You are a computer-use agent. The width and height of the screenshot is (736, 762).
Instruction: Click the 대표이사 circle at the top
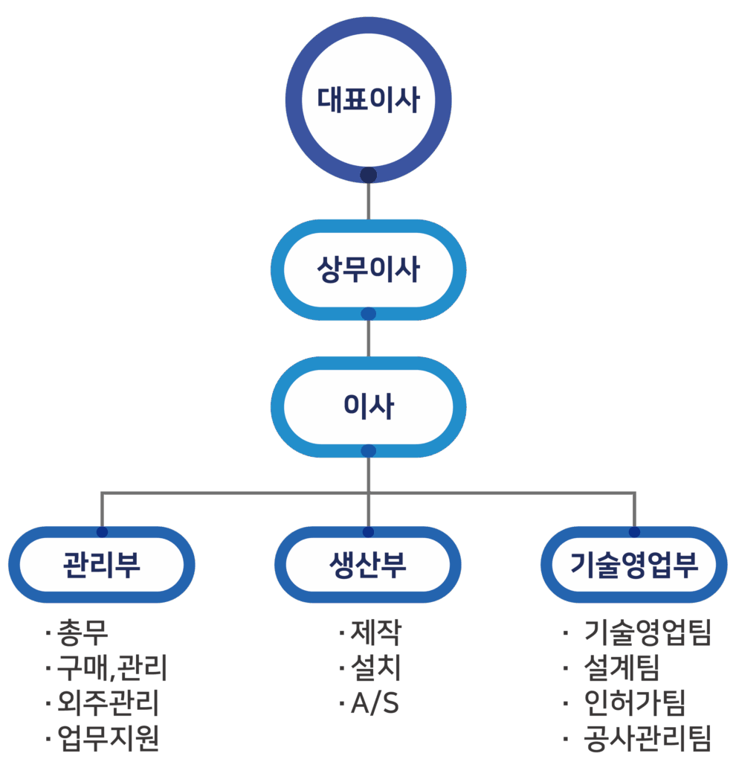(368, 99)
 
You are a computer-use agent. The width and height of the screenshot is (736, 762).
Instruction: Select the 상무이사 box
(368, 269)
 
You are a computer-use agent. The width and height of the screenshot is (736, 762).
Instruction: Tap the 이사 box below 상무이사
(368, 406)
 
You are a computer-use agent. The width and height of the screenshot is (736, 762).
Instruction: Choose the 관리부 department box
(102, 565)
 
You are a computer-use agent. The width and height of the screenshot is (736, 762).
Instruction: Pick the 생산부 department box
(368, 565)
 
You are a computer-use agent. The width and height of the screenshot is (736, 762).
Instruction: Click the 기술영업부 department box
(634, 565)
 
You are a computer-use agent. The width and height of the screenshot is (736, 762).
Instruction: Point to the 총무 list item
(83, 633)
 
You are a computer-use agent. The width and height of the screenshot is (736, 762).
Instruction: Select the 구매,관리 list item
(112, 669)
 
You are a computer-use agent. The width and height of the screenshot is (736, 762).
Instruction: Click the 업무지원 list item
(107, 739)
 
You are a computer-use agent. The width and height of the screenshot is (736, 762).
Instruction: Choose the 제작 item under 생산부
(375, 633)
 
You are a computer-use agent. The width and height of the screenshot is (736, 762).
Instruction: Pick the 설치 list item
(375, 669)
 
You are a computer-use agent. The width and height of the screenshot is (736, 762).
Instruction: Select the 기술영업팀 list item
(648, 633)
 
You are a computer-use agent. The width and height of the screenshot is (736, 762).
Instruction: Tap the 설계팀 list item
(622, 669)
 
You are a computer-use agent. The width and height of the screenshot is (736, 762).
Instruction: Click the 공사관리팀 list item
(648, 739)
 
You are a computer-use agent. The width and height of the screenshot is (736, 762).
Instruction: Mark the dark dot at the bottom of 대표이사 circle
(368, 176)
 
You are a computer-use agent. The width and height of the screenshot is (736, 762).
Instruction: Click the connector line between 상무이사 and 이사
(368, 339)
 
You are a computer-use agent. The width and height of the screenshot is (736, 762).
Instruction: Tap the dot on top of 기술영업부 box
(634, 532)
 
